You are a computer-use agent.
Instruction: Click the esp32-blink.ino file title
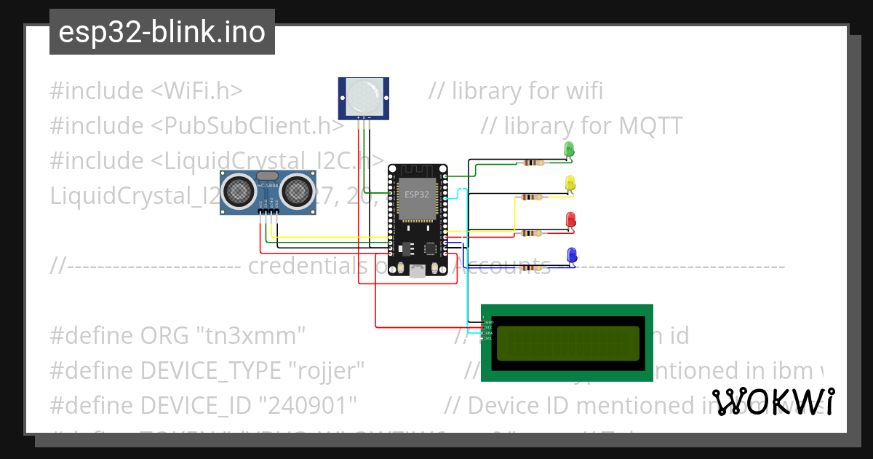point(162,33)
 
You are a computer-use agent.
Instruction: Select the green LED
point(570,150)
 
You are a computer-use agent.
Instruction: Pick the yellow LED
point(570,184)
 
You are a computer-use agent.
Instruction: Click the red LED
point(571,219)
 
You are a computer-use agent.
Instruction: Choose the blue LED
point(571,255)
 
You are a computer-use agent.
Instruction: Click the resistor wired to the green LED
point(532,162)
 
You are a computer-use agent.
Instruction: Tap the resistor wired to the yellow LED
point(532,197)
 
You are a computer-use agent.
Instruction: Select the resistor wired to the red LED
point(532,233)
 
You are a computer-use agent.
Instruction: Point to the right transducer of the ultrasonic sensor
point(297,191)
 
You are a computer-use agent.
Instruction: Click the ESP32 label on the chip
point(417,195)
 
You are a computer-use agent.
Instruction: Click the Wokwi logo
point(773,401)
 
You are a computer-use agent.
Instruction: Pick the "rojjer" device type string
point(322,371)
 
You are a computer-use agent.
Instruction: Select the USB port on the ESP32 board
point(417,270)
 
